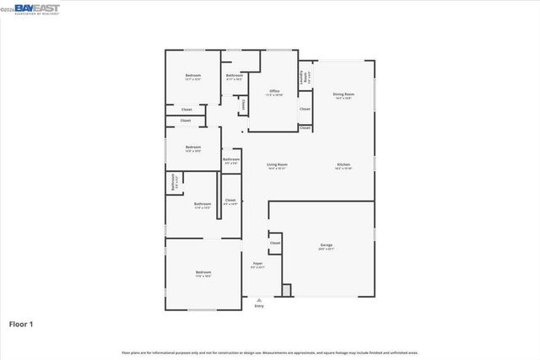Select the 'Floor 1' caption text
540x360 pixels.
coord(22,324)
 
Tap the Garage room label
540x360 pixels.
coord(326,245)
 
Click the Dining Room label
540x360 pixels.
coord(343,94)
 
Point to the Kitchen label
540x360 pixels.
coord(343,164)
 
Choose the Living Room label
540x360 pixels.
coord(277,164)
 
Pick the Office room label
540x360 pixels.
coord(274,91)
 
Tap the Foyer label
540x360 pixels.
coord(258,264)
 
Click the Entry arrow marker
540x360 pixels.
coord(259,299)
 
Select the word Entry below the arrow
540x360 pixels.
coord(259,306)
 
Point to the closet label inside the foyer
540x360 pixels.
coord(275,243)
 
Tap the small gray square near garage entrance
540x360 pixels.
coord(286,289)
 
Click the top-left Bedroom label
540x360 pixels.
coord(192,77)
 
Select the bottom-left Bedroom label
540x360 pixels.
coord(203,272)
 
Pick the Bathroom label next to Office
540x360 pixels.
coord(234,77)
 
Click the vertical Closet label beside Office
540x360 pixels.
coord(244,105)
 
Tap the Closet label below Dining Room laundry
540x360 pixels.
coord(305,109)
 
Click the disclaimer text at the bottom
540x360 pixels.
coord(270,352)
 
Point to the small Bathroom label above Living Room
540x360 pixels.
coord(231,159)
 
